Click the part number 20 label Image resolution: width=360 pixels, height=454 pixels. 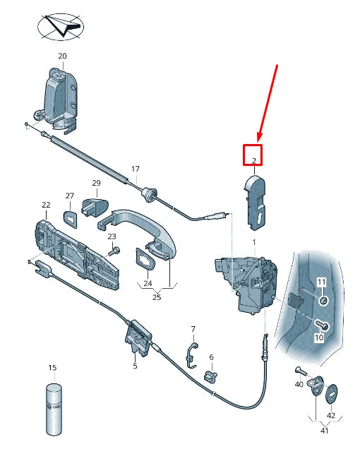(x=62, y=56)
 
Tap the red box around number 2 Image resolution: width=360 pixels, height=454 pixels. (x=253, y=155)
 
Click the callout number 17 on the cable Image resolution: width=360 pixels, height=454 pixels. (x=136, y=170)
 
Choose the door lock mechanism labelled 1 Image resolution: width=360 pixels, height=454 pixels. (x=251, y=283)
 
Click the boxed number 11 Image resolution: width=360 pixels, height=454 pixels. (x=321, y=282)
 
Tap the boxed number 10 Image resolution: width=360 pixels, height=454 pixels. (x=318, y=338)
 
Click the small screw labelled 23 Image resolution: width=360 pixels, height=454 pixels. (x=114, y=249)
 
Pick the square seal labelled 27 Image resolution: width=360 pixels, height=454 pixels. (x=71, y=217)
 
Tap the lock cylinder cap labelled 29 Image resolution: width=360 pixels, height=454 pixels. (x=95, y=206)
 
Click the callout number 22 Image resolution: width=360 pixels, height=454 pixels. (x=46, y=205)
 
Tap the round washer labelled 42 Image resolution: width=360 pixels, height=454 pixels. (x=332, y=393)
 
